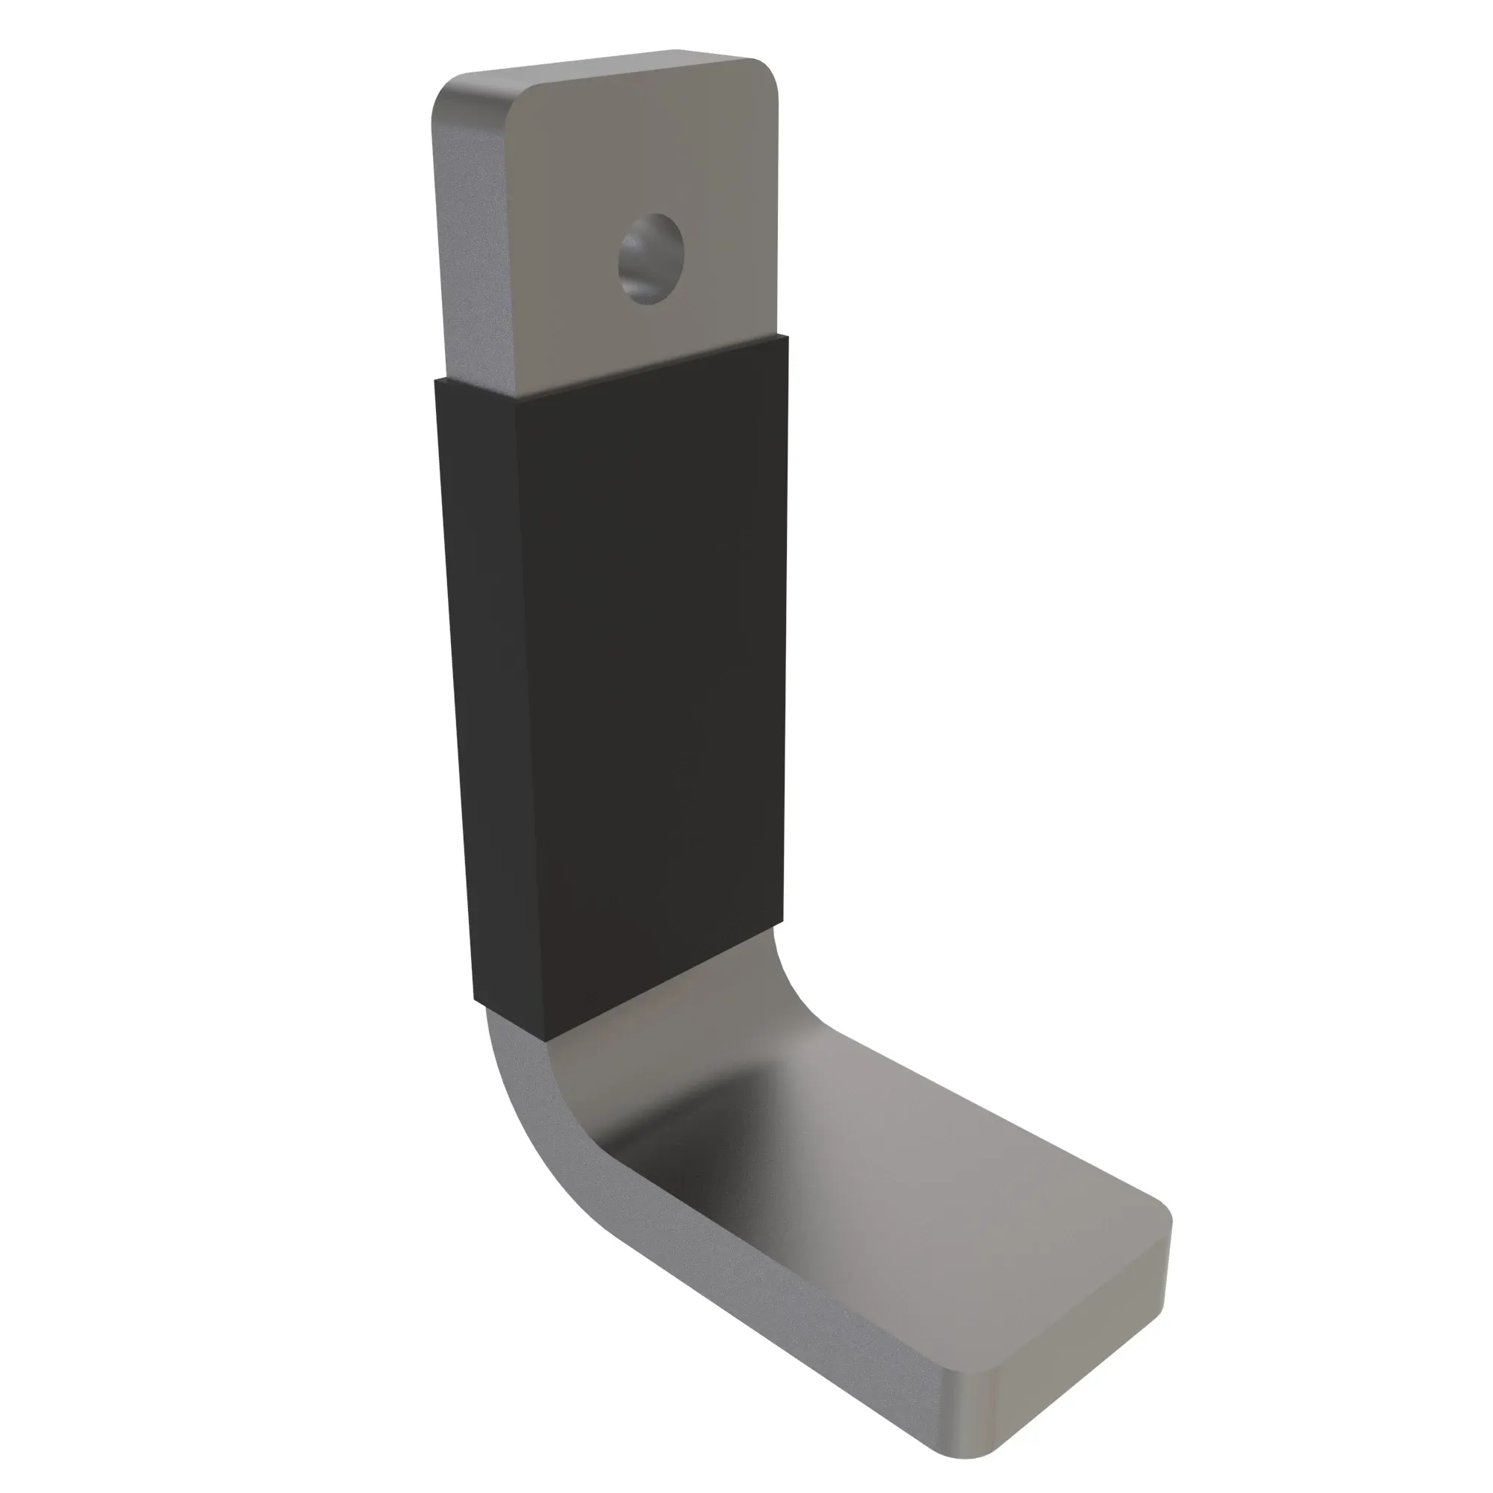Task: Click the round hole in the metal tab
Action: tap(651, 258)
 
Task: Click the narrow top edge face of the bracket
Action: tap(602, 66)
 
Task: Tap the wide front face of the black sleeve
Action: tap(657, 657)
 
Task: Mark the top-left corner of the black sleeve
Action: tap(437, 380)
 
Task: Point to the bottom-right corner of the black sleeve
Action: tap(783, 926)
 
